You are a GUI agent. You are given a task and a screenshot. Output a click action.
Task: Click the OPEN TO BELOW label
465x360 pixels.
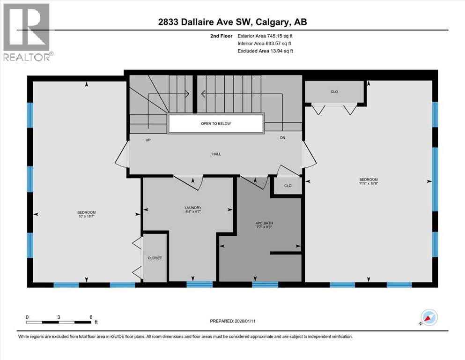(216, 124)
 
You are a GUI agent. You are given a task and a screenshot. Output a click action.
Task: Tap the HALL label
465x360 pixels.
(216, 154)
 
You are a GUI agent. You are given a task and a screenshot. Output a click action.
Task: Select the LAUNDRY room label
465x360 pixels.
(193, 208)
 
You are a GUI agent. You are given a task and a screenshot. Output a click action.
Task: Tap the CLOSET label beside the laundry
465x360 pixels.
(155, 258)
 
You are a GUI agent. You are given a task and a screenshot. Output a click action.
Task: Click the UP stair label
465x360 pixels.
(148, 140)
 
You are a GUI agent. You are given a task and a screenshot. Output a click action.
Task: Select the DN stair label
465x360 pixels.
(282, 138)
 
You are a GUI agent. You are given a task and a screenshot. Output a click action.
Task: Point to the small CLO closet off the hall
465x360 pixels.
(288, 186)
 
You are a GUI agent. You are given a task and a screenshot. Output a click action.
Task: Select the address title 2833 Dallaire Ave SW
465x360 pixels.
(232, 22)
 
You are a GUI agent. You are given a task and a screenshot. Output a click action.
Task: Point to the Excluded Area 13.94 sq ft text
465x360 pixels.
(265, 51)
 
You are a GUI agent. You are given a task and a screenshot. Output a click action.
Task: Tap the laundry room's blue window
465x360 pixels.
(199, 284)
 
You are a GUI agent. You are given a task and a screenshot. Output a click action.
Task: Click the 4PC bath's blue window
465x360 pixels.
(265, 284)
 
